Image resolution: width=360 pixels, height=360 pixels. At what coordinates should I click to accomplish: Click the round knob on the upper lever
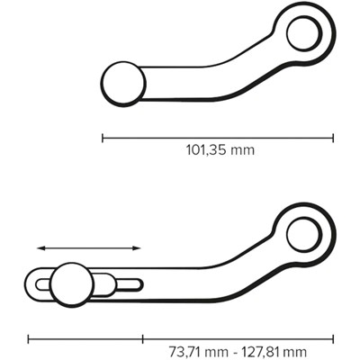pyautogui.click(x=124, y=83)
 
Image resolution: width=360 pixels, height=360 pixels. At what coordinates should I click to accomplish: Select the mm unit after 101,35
pyautogui.click(x=242, y=150)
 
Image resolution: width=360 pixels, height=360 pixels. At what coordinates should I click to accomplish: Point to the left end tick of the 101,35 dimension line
pyautogui.click(x=103, y=138)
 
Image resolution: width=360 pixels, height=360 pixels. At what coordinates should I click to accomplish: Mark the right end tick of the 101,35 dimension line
pyautogui.click(x=333, y=138)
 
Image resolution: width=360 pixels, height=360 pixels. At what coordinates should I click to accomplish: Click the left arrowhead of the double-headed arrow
pyautogui.click(x=40, y=247)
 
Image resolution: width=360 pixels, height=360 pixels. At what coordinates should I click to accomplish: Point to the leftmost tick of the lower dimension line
pyautogui.click(x=28, y=339)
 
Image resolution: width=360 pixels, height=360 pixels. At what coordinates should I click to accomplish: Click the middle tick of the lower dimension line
pyautogui.click(x=143, y=339)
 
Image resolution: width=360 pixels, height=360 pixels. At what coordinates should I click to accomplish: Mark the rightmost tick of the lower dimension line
pyautogui.click(x=333, y=339)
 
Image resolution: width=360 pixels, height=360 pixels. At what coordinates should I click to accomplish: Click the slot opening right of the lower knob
pyautogui.click(x=128, y=285)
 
